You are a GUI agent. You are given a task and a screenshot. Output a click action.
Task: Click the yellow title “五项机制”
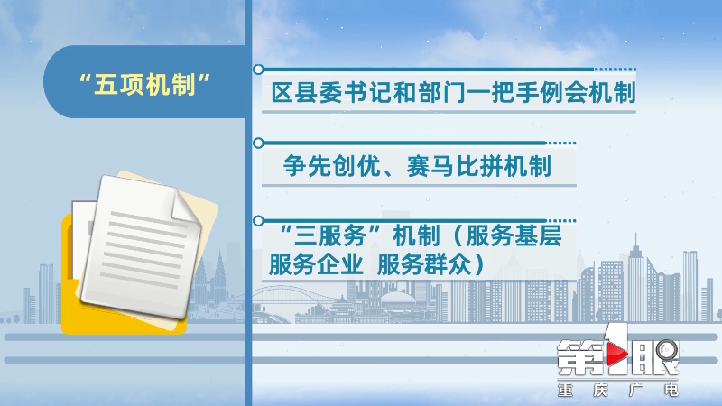145,85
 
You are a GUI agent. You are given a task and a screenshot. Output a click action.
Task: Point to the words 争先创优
330,166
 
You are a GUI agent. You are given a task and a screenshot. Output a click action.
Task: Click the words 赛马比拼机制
479,166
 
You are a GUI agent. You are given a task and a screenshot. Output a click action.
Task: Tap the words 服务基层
514,235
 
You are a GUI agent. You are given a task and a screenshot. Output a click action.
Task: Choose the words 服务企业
316,264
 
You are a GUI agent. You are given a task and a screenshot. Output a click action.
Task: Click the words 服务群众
424,264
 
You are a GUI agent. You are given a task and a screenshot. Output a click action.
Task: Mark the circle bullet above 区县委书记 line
258,69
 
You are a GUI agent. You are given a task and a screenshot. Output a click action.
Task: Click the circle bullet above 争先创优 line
258,143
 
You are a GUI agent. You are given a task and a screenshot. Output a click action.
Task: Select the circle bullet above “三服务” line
258,221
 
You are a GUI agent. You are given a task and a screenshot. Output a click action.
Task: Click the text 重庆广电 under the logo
618,391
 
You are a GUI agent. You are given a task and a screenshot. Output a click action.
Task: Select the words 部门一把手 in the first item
466,93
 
